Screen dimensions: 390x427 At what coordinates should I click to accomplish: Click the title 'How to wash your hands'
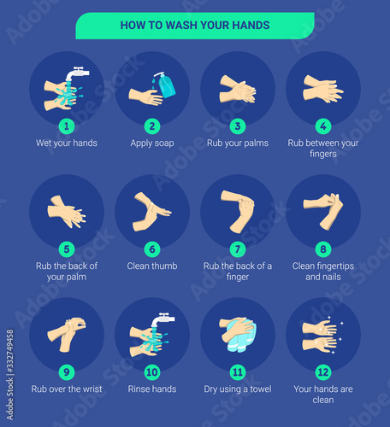(195, 25)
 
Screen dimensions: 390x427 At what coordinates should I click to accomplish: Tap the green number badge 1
(67, 126)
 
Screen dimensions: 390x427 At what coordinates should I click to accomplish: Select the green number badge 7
(238, 249)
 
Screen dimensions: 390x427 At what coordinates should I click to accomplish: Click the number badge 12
(323, 372)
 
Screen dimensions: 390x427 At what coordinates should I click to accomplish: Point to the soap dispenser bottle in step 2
(165, 85)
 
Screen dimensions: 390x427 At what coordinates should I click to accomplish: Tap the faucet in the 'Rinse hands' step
(162, 319)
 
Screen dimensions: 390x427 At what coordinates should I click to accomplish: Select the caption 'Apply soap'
(152, 143)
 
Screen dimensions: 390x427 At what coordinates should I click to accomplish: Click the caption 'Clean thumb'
(152, 266)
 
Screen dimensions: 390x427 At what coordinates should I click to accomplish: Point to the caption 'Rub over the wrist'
(67, 389)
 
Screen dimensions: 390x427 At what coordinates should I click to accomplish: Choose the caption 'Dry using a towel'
(238, 389)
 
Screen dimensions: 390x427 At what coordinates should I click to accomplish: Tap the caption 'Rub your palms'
(238, 143)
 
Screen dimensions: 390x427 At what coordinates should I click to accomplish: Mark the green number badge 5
(67, 249)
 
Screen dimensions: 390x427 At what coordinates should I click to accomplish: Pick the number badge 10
(152, 372)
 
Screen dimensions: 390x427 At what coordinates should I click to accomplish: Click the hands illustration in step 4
(323, 89)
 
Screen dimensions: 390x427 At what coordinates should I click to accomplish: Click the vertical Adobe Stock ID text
(10, 375)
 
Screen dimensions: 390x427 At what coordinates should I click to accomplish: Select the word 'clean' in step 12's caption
(323, 400)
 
